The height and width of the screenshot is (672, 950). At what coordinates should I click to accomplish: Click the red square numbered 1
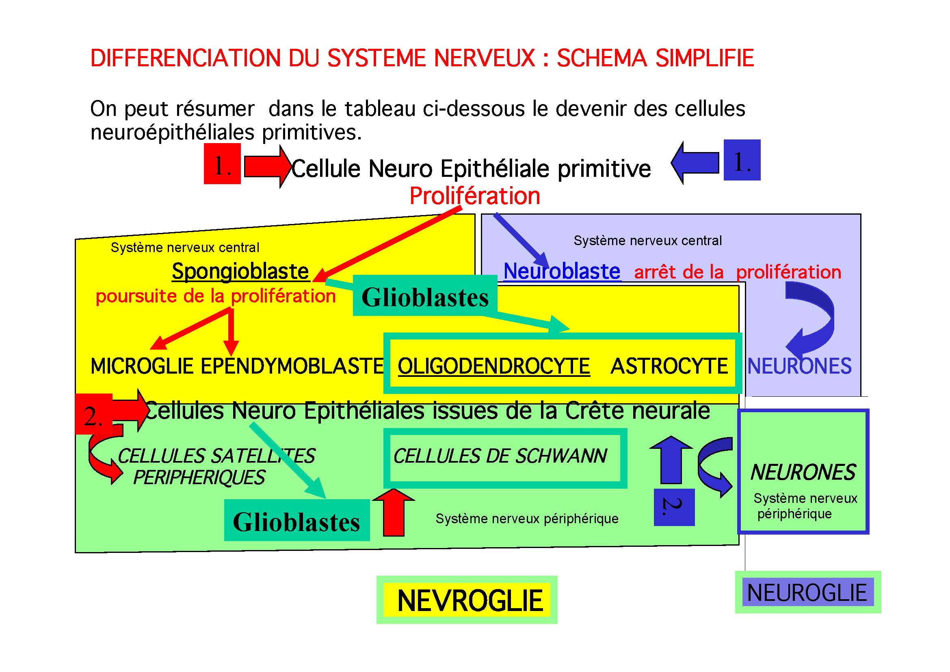tap(222, 163)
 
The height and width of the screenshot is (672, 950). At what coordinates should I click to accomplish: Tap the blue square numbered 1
tap(742, 160)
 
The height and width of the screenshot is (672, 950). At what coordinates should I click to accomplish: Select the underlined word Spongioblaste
tap(240, 272)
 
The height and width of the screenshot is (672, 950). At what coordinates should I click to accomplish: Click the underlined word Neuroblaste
tap(561, 272)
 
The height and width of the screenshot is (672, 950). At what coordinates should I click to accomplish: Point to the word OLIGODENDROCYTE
tap(493, 366)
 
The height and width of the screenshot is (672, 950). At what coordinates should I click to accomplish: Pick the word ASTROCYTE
tap(669, 366)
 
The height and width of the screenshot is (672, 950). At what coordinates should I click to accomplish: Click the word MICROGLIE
tap(142, 366)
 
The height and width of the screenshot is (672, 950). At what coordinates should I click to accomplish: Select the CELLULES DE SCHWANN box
tap(505, 458)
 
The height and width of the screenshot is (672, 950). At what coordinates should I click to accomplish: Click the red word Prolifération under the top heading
tap(474, 196)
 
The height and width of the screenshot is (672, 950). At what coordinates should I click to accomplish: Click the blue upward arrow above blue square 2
tap(671, 460)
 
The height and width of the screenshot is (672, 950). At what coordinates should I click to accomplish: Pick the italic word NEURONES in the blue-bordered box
tap(803, 472)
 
